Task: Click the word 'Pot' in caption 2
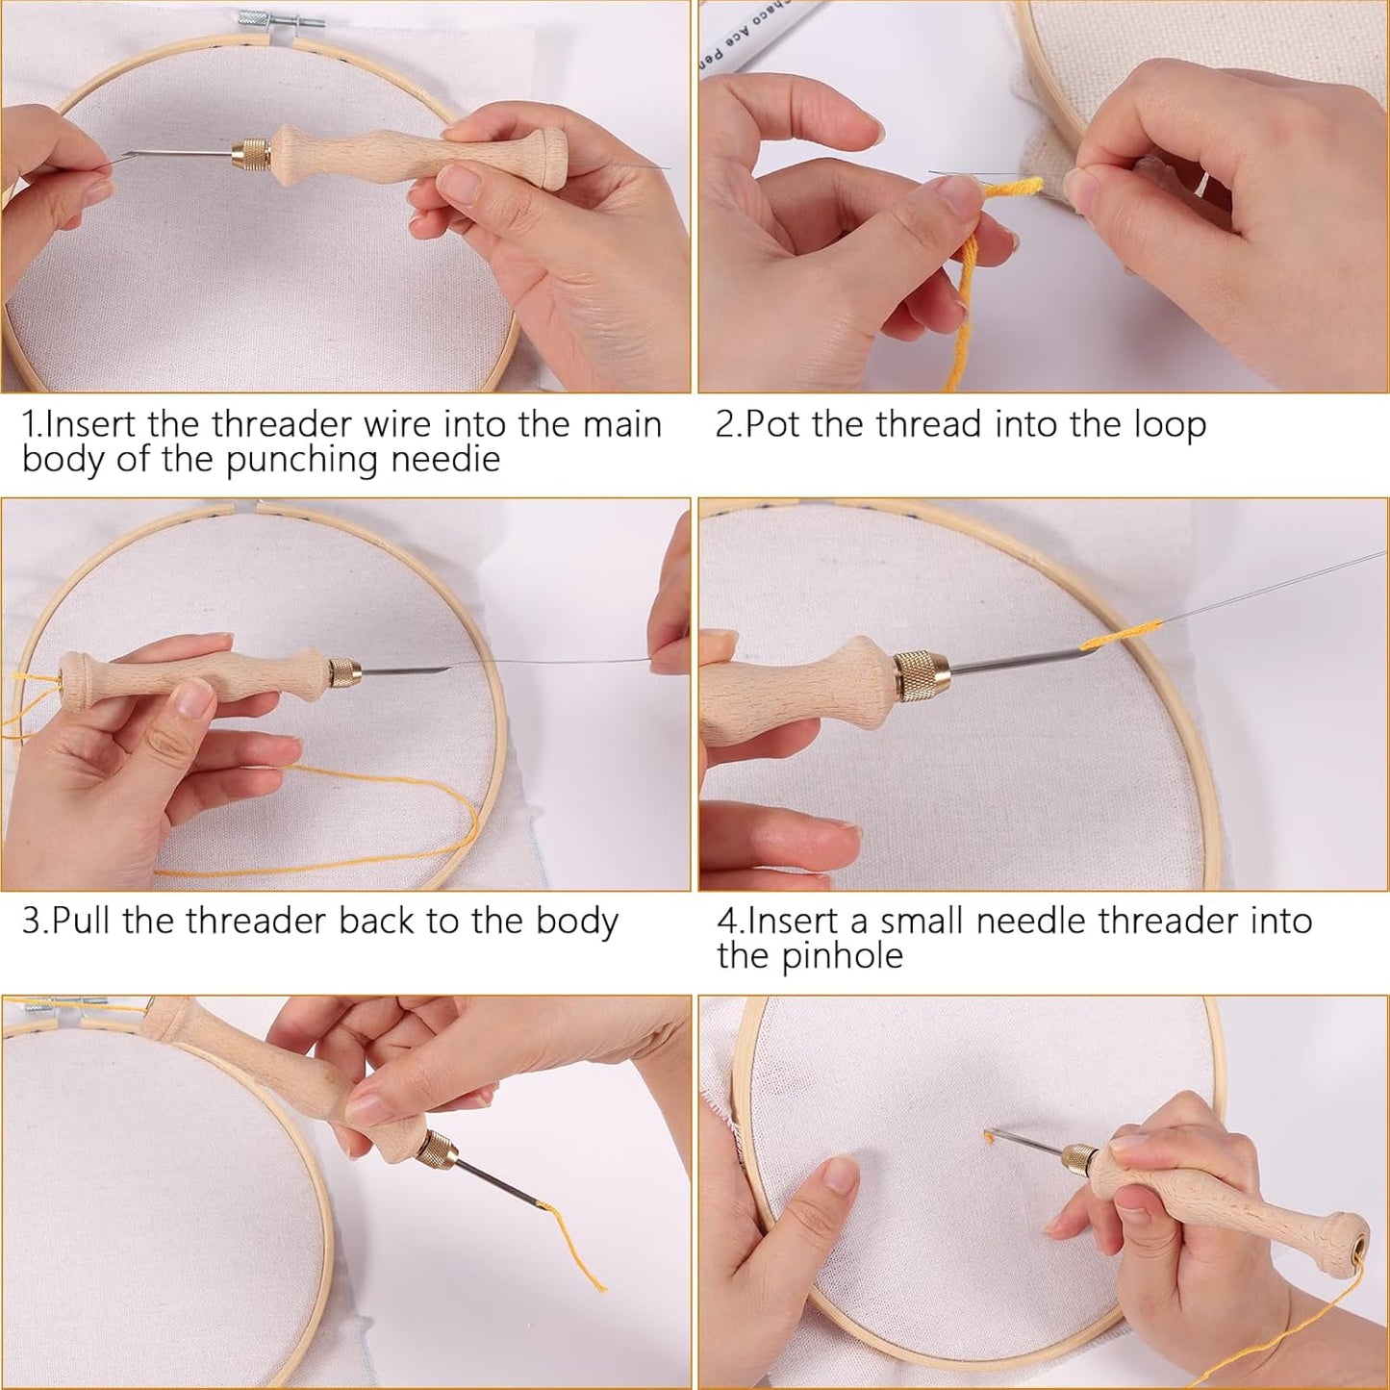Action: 774,424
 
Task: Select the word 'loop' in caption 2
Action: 1169,426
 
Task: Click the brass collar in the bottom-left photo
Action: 435,1149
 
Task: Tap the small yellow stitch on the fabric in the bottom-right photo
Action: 988,1137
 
